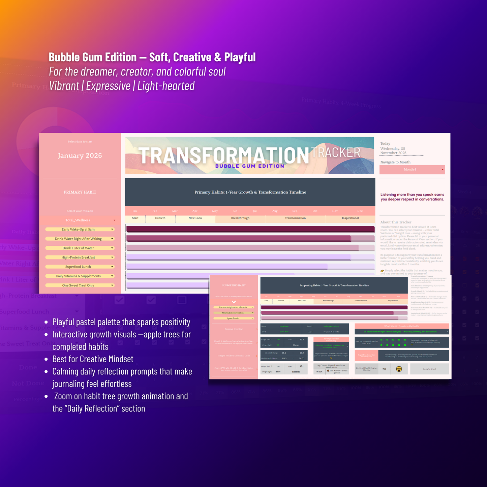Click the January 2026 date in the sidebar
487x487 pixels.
80,156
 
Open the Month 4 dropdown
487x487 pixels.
412,170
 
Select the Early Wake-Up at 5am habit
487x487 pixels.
80,230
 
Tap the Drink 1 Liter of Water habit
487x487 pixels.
80,248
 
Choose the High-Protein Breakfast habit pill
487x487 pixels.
80,257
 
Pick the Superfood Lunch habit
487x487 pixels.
80,267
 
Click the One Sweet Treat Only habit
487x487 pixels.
80,285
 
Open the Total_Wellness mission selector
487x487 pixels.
80,220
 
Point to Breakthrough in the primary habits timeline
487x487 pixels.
240,218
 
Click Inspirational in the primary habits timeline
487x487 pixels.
350,218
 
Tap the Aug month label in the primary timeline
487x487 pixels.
275,211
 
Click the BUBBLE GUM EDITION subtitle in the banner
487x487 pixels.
250,166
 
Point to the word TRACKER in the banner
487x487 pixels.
336,153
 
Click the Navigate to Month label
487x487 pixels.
395,162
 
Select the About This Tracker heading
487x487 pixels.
396,222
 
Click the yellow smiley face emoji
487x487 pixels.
399,369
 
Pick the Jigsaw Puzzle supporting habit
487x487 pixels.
233,318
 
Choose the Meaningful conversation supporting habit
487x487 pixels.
233,313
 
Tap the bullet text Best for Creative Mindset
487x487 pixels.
93,359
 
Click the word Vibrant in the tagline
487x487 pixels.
64,86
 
